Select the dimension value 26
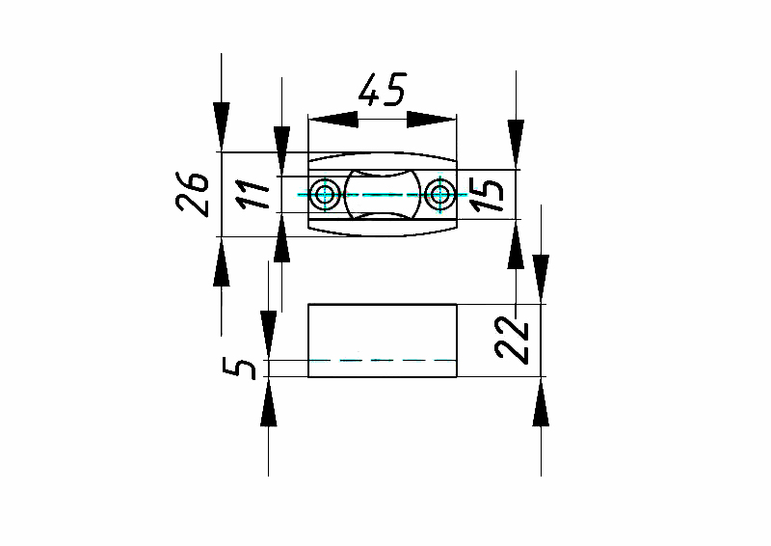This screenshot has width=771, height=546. coord(193,194)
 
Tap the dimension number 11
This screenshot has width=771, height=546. coord(252,195)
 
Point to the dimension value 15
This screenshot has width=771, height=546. coord(491,194)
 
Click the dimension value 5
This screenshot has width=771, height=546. coord(246,369)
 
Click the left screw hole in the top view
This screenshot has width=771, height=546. coord(325,195)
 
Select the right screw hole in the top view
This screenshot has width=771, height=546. coord(441,195)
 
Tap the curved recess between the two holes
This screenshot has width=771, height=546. coord(383,195)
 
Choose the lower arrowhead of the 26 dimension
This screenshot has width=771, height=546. coord(222,262)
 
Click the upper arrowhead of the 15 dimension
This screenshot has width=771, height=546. coord(518,145)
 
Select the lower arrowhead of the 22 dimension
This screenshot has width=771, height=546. coord(542,401)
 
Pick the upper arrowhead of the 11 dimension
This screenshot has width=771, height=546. coord(281,152)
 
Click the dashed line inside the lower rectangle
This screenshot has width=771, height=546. coord(383,360)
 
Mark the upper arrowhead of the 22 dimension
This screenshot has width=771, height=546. coord(542,280)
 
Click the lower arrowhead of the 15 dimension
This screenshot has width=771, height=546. coord(518,245)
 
